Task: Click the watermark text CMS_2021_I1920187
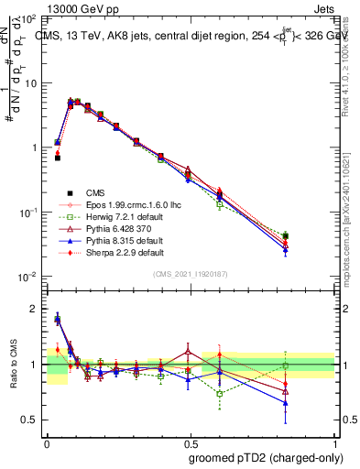click(x=191, y=274)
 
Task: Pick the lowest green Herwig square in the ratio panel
click(x=220, y=394)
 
